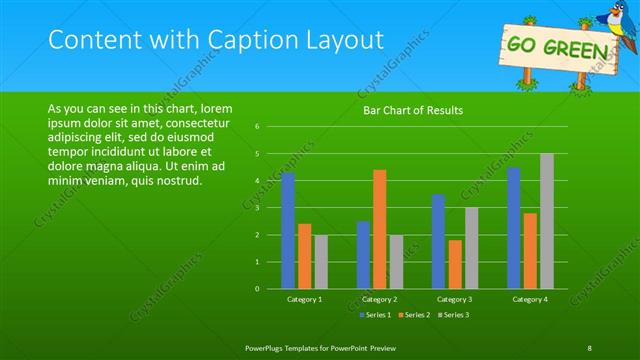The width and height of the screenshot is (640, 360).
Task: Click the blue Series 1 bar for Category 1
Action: click(x=288, y=231)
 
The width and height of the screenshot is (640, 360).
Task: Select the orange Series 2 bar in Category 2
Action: click(x=380, y=229)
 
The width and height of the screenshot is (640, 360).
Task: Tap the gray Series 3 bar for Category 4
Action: click(x=547, y=221)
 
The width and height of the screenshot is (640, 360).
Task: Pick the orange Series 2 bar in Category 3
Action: click(x=455, y=264)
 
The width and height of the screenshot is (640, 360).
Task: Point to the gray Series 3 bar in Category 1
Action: click(x=320, y=262)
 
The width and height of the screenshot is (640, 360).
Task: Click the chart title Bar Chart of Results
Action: click(x=412, y=110)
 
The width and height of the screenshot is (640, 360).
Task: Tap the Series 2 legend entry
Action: click(x=414, y=315)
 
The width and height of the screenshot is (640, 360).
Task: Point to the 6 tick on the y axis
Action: click(x=257, y=127)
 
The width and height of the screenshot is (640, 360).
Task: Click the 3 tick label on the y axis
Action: click(x=257, y=208)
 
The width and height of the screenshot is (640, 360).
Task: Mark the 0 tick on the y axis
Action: click(x=257, y=289)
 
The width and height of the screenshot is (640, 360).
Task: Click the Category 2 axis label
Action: click(x=380, y=299)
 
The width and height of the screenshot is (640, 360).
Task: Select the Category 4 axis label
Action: click(x=532, y=299)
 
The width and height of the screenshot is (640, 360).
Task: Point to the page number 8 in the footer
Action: click(x=589, y=347)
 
